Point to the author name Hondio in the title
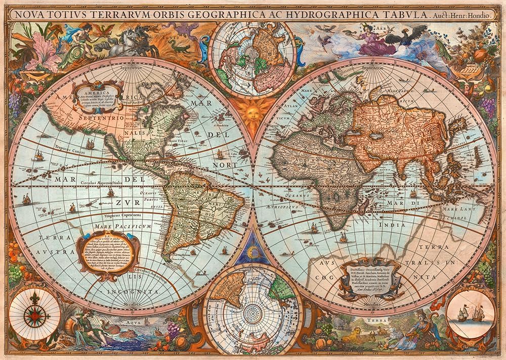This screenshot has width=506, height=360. [478, 15]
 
